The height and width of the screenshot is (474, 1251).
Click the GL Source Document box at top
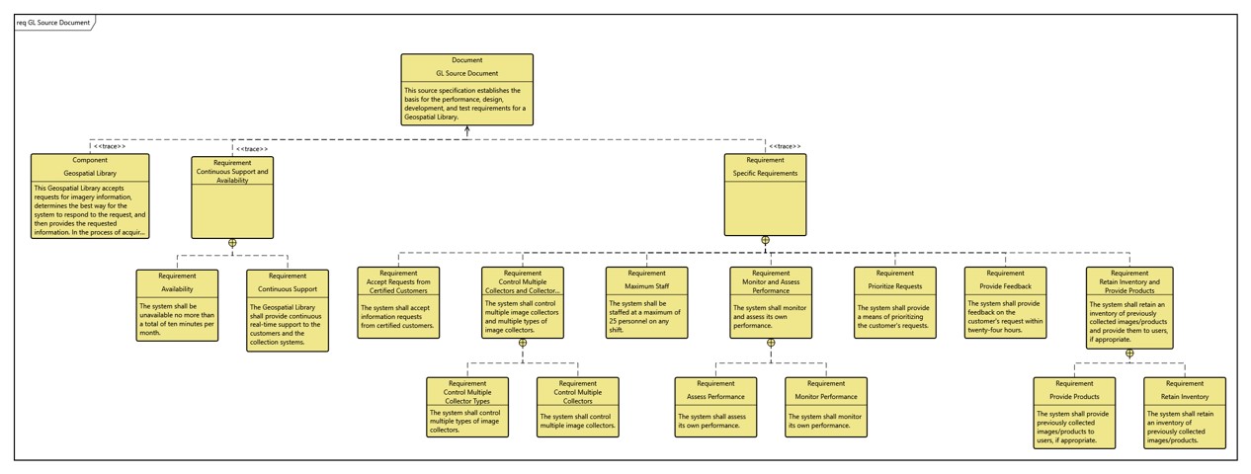(466, 90)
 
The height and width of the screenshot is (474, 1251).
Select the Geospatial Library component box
(90, 196)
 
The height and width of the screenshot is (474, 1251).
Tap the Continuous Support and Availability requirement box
(232, 197)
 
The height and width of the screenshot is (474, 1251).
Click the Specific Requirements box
(765, 195)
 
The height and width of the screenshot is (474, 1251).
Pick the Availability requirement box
(177, 304)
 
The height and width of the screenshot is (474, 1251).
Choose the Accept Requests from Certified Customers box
(398, 302)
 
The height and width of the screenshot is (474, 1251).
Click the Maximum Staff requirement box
(645, 302)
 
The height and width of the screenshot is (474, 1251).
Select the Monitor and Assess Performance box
(771, 302)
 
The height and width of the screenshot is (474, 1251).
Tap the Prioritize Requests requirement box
(894, 302)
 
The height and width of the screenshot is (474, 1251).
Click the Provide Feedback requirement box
(1005, 302)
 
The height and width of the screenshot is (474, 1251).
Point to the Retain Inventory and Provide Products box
(1129, 305)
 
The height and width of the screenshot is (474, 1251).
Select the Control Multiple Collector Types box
(467, 407)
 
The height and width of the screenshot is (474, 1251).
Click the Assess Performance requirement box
(715, 407)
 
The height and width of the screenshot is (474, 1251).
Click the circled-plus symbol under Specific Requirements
(765, 240)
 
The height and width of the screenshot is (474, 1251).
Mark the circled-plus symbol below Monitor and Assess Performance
(771, 343)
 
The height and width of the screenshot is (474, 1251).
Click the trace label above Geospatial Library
(110, 147)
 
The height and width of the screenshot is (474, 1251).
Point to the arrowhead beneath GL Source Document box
(466, 130)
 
